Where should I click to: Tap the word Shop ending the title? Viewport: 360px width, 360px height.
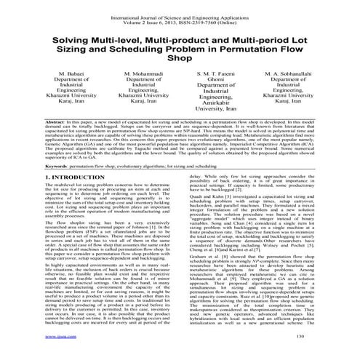click(180, 63)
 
